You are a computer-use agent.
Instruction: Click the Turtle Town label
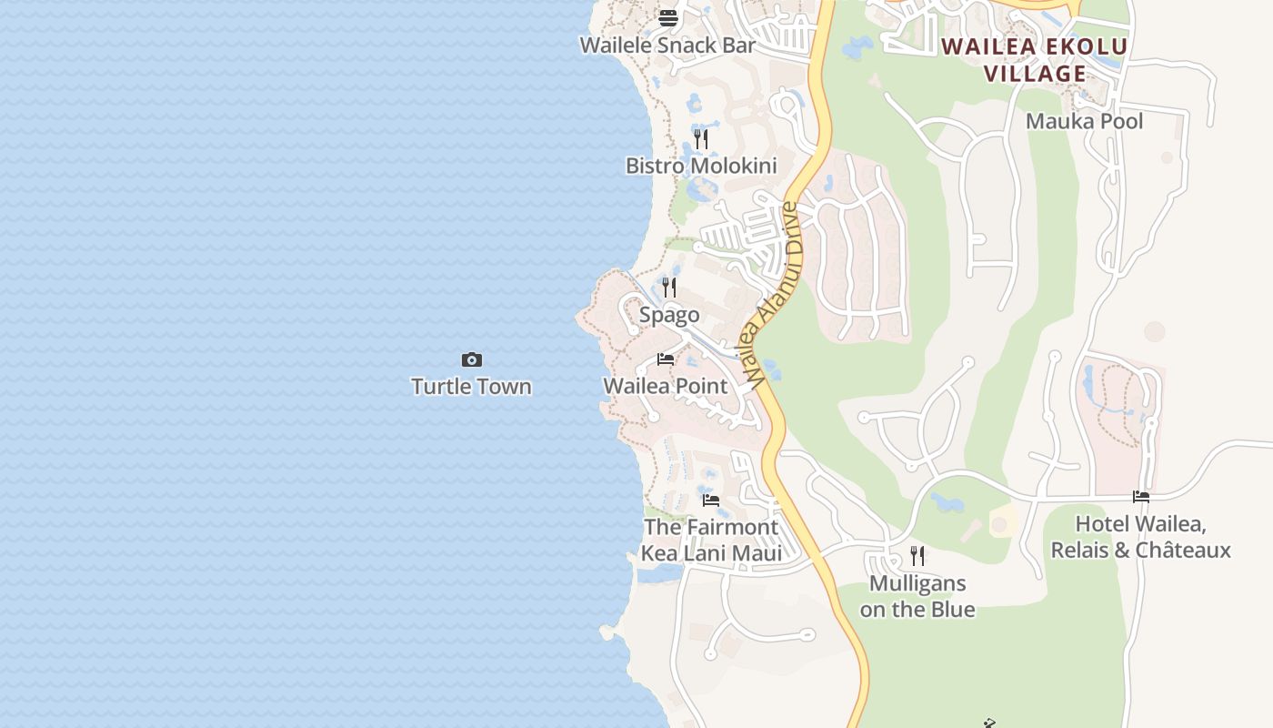[471, 387]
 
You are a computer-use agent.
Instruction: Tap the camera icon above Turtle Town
[471, 360]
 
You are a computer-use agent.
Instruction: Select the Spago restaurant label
[669, 315]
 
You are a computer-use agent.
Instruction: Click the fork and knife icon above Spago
[669, 288]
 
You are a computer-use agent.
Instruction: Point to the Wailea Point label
[666, 386]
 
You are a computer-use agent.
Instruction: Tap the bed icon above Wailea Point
[666, 359]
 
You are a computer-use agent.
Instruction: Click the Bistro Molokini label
[701, 166]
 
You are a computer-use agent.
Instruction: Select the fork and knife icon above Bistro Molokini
[701, 139]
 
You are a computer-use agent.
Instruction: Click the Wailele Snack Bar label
[668, 45]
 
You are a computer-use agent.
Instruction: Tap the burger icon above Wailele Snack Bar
[668, 17]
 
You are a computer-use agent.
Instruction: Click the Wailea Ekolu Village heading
[1035, 60]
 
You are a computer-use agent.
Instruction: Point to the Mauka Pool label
[1084, 121]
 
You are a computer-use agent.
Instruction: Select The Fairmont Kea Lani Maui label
[711, 540]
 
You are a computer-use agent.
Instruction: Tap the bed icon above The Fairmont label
[711, 500]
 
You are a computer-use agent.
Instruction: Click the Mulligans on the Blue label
[917, 596]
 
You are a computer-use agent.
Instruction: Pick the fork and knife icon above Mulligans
[917, 556]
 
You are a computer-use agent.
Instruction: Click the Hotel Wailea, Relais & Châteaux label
[1140, 537]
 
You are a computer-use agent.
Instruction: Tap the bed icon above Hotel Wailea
[1141, 497]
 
